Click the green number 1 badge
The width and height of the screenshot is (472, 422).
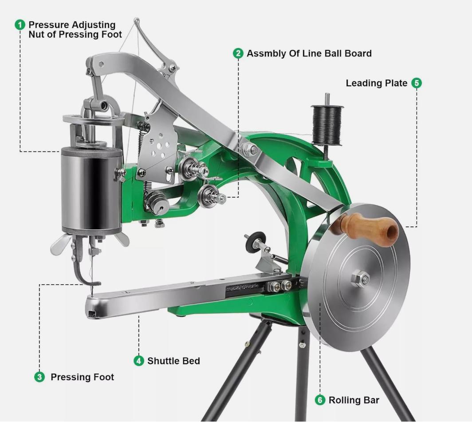20,25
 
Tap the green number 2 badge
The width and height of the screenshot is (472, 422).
238,53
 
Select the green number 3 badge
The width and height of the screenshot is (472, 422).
39,377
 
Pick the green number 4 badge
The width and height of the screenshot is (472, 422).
139,361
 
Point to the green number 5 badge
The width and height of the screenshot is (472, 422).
417,83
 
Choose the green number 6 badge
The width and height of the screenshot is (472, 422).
320,400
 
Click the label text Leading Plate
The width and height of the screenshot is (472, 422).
376,83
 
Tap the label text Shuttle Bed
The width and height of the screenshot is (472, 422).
173,361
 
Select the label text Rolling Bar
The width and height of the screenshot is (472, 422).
354,400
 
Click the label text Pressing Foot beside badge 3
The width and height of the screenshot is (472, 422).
82,377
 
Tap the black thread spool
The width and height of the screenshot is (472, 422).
327,125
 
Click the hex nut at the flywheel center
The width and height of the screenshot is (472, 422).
360,279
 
